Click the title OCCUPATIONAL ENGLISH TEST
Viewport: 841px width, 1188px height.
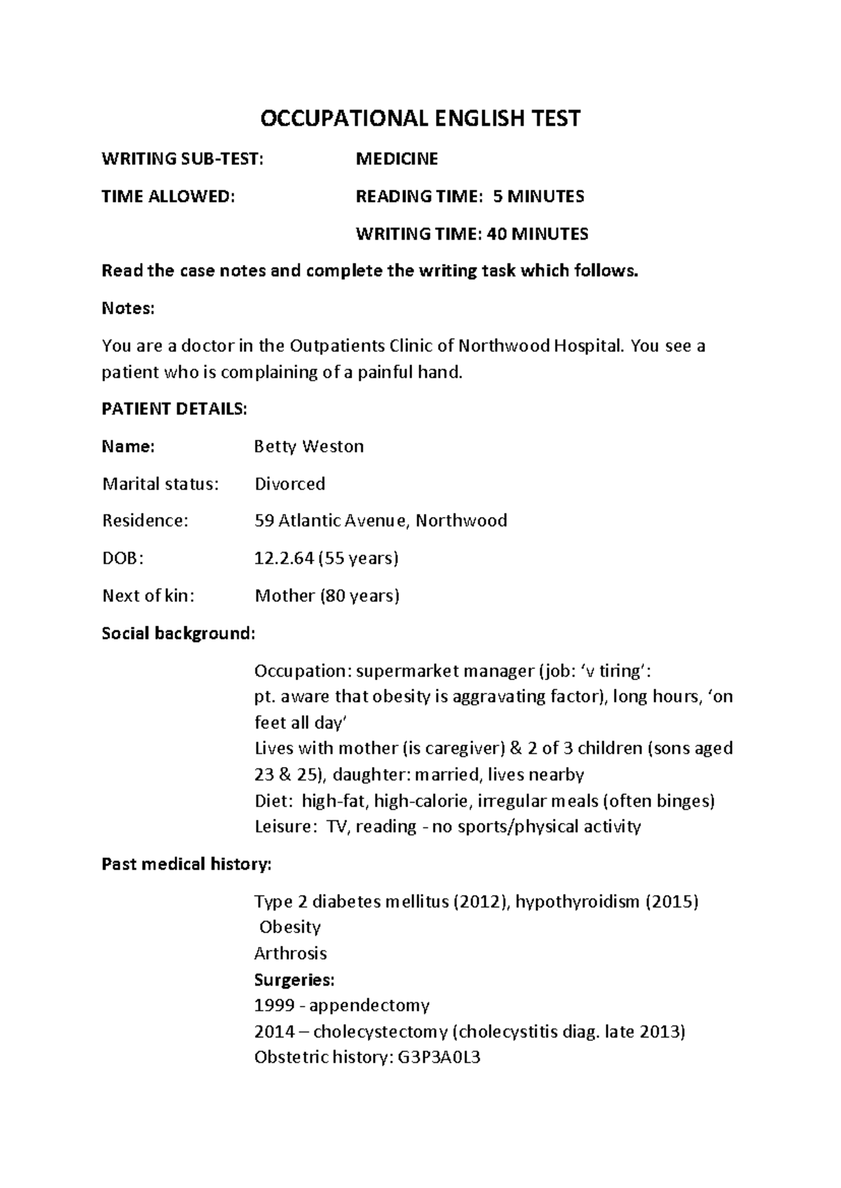(x=420, y=118)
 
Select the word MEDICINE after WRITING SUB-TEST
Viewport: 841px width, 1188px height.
(x=397, y=159)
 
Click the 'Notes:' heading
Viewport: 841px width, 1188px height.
(x=128, y=308)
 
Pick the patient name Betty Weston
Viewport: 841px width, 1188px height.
(x=308, y=446)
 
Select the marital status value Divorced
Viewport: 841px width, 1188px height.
(x=289, y=484)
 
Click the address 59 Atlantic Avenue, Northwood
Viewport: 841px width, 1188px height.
(x=380, y=520)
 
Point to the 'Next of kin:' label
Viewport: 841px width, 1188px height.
(x=148, y=595)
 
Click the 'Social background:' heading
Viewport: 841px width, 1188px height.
(x=179, y=633)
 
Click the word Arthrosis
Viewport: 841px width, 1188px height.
(x=290, y=953)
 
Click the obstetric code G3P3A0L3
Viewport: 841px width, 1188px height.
(x=439, y=1058)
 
